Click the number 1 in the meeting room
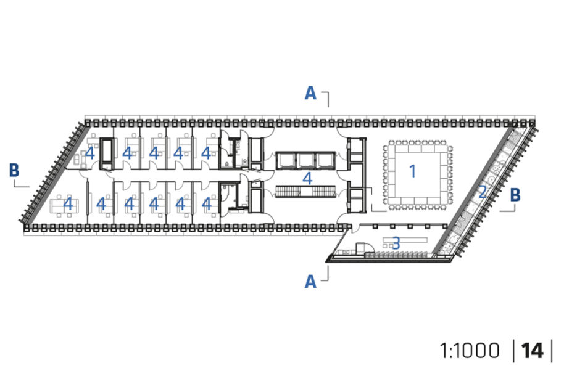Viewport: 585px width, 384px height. (x=412, y=171)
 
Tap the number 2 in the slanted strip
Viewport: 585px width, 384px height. (x=483, y=192)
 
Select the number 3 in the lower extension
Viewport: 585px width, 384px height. (x=396, y=243)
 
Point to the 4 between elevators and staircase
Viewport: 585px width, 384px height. (x=307, y=179)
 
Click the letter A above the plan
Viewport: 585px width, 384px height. (x=310, y=93)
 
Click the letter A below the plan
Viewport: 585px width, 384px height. (x=310, y=282)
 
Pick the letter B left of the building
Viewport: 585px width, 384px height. (x=14, y=170)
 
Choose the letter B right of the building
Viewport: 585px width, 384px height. (x=515, y=195)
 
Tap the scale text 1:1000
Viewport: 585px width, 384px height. (x=470, y=351)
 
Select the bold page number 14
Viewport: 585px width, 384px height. (x=532, y=351)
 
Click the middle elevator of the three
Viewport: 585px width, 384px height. (x=306, y=160)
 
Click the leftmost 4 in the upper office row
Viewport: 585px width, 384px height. (x=89, y=153)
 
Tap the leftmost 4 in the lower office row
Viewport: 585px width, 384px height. (x=68, y=204)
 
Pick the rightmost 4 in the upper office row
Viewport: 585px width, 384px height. (x=206, y=153)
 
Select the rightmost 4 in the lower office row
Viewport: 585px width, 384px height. (x=206, y=204)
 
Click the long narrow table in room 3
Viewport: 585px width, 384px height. (x=405, y=239)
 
